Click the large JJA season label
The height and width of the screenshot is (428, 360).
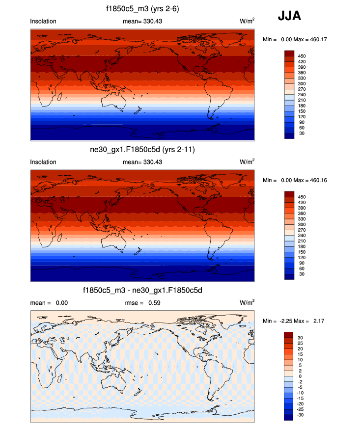tap(290, 16)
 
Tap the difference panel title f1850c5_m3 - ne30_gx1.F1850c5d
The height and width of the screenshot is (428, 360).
tap(142, 291)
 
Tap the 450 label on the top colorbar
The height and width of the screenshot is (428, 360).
tap(302, 56)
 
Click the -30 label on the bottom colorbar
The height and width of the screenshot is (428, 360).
tap(301, 415)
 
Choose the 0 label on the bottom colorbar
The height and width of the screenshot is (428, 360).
tap(300, 376)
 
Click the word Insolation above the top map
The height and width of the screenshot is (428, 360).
tap(43, 22)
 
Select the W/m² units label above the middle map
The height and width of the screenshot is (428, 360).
tap(247, 161)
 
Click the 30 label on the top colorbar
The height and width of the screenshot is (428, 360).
tap(302, 133)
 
